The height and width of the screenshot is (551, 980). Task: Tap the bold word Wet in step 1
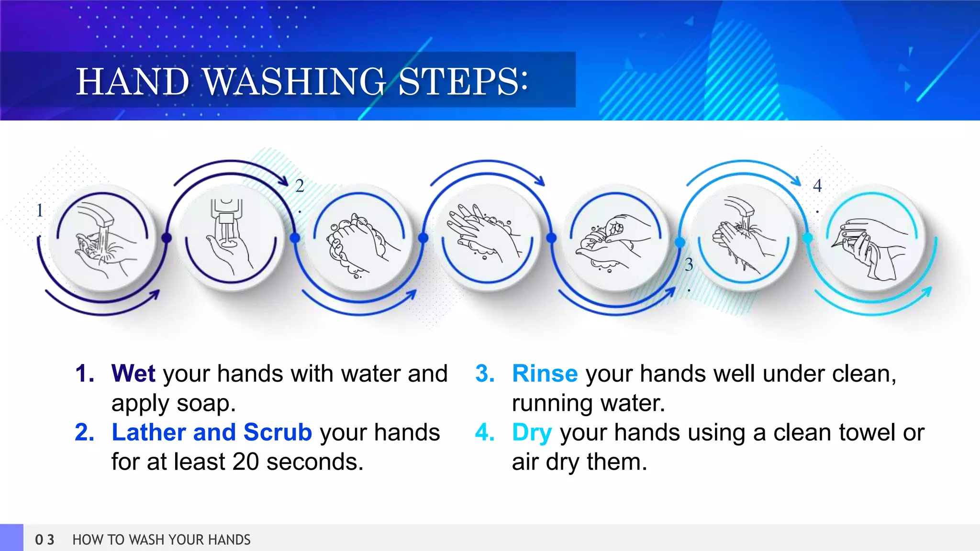(x=133, y=374)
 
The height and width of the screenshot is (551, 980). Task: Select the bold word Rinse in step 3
(x=545, y=374)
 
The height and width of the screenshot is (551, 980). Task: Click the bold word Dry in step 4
(x=532, y=432)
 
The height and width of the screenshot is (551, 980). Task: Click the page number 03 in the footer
(x=45, y=540)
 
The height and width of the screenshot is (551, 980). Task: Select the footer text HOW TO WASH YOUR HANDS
(x=161, y=540)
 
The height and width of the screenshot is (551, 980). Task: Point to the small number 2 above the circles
(x=300, y=186)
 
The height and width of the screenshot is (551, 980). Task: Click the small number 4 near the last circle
(x=817, y=186)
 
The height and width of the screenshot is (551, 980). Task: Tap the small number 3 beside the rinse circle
(x=689, y=264)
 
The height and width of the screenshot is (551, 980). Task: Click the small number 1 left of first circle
(x=40, y=210)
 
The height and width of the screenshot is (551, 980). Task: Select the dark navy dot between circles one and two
(x=167, y=237)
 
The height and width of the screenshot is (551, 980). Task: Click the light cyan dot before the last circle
(x=808, y=238)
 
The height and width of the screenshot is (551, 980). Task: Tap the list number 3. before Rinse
(x=484, y=374)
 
